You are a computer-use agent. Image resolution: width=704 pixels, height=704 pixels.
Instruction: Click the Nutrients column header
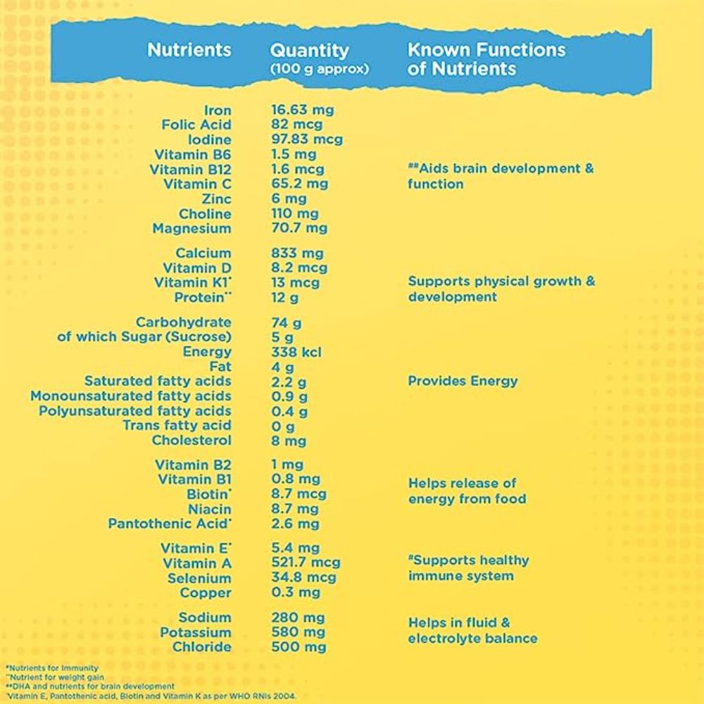coord(189,50)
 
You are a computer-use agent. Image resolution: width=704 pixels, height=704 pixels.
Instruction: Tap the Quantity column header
coord(309,51)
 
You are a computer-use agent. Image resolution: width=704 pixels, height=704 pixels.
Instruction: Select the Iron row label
coord(218,110)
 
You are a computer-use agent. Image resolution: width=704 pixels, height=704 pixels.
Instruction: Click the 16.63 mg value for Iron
coord(303,110)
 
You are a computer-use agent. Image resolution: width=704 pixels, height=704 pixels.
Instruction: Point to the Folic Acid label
coord(196,125)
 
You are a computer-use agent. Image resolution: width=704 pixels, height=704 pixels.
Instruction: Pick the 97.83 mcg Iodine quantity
coord(307,139)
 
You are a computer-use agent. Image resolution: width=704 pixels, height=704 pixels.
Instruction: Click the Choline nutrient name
coord(204,214)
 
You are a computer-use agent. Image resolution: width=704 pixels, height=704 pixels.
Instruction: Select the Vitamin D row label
coord(196,268)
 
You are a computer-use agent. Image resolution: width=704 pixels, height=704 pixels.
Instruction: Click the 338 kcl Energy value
coord(296,352)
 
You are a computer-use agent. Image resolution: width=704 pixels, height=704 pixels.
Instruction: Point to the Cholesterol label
coord(191,441)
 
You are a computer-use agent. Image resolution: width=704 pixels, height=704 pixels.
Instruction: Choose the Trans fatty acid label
coord(177,426)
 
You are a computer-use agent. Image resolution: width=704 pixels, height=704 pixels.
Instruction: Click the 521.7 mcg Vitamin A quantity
coord(306,563)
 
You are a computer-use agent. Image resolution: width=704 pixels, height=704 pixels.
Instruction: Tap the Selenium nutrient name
coord(199,579)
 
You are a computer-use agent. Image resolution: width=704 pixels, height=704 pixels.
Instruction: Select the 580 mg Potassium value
coord(298,633)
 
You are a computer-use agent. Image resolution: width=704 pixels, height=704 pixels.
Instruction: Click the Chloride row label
coord(201,648)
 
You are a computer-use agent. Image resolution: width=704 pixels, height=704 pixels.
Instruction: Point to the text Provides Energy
coord(463,382)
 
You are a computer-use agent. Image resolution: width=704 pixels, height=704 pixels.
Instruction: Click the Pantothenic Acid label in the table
coord(169,524)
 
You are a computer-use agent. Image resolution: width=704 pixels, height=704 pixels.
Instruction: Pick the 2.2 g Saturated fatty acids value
coord(289,382)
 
